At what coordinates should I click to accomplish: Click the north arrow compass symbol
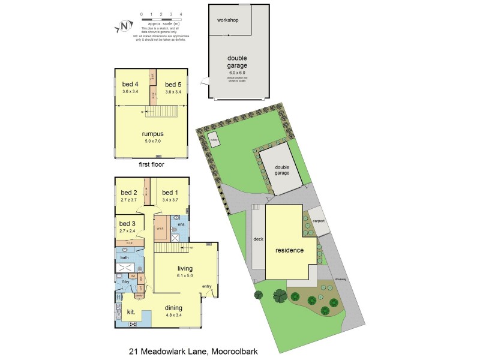(124, 26)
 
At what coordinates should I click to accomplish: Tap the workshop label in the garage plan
(228, 20)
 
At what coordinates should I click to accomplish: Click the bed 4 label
(130, 84)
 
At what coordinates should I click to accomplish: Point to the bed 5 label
(173, 84)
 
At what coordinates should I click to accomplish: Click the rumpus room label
(152, 134)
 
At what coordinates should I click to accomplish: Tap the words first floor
(152, 163)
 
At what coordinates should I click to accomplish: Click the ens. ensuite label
(181, 224)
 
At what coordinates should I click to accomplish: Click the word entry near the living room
(208, 286)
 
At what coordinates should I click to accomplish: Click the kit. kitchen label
(130, 312)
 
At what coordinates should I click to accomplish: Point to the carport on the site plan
(319, 220)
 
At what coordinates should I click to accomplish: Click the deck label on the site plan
(259, 239)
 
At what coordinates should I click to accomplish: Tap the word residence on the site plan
(290, 250)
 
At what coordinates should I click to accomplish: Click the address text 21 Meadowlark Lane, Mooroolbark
(193, 351)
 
